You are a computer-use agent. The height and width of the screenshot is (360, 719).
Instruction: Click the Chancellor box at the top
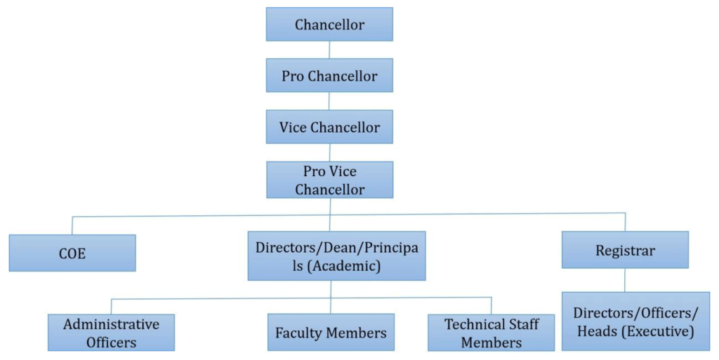(329, 25)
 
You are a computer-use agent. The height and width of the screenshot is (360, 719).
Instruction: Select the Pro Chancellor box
(329, 76)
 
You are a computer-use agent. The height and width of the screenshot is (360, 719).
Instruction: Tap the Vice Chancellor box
(329, 127)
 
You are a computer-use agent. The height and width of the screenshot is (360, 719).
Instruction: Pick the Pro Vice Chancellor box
(329, 180)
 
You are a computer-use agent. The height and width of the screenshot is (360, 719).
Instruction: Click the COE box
(72, 253)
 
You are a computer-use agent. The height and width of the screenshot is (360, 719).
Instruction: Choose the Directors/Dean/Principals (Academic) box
(336, 255)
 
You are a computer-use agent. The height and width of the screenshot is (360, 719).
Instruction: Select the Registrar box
(625, 250)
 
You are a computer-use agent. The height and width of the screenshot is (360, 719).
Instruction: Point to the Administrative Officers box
(111, 333)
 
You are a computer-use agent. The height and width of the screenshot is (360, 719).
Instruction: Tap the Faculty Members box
(331, 333)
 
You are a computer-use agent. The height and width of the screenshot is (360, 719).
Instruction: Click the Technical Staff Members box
(491, 333)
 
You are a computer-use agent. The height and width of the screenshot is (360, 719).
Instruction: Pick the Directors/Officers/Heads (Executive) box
(635, 321)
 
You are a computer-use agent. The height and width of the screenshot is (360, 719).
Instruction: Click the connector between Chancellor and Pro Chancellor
(329, 50)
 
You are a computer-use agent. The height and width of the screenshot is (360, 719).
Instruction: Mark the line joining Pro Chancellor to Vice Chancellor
(329, 101)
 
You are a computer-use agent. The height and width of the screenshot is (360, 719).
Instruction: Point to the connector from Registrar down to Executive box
(625, 280)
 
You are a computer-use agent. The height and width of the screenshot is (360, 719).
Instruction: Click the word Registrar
(625, 250)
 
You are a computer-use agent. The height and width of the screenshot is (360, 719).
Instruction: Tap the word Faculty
(299, 333)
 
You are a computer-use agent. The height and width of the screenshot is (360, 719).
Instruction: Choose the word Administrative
(111, 324)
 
